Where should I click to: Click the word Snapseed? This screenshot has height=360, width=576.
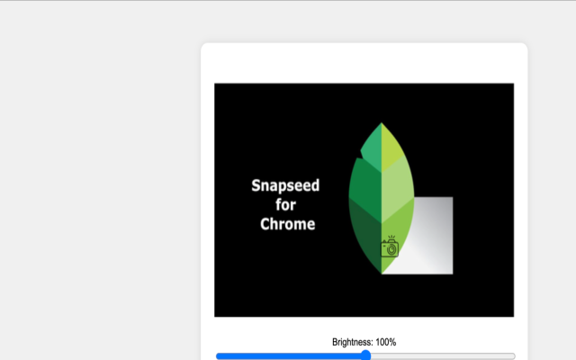[x=285, y=186]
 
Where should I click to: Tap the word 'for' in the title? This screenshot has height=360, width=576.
[x=285, y=205]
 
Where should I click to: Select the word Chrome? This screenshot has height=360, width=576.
[x=287, y=224]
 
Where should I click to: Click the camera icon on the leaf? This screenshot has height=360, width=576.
[x=390, y=248]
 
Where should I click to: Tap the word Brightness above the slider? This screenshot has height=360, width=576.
[x=352, y=342]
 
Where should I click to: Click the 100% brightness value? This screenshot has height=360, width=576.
[x=386, y=342]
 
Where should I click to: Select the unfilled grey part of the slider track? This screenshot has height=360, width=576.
[x=441, y=356]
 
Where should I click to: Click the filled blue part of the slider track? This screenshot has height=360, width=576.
[x=288, y=356]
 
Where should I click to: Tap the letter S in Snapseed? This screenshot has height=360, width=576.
[x=256, y=186]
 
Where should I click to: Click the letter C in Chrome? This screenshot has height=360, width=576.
[x=265, y=224]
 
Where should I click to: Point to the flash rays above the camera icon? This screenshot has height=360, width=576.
[x=391, y=238]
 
